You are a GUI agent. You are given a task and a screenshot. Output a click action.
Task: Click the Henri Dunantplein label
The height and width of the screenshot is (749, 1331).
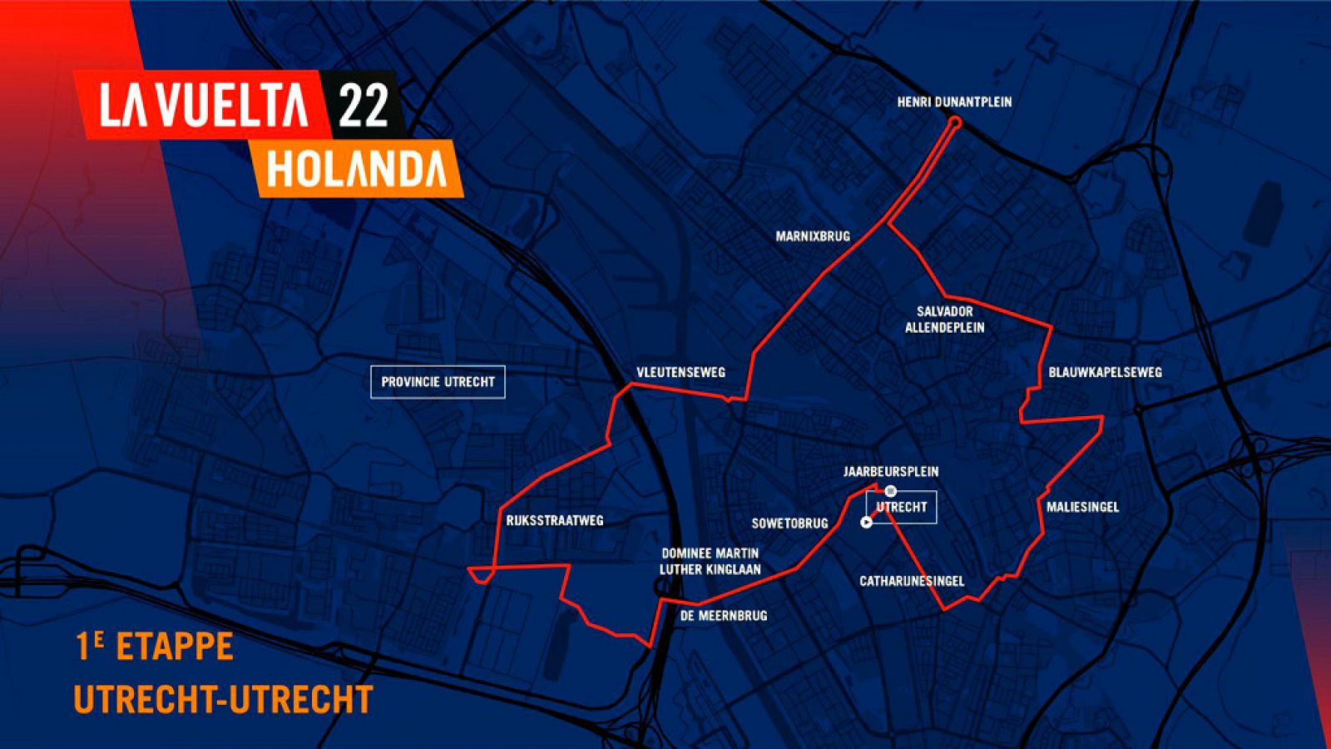(954, 102)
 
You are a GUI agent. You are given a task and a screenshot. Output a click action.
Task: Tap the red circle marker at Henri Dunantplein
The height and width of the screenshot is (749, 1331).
(955, 122)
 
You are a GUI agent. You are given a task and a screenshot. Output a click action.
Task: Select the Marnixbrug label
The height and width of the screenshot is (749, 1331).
(813, 236)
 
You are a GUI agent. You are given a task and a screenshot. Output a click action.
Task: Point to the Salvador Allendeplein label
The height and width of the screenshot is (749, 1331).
(944, 320)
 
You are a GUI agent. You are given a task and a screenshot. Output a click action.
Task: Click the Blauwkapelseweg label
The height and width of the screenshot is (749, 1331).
(1105, 372)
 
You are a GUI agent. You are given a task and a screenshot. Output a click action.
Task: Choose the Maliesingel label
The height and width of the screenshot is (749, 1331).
(1082, 507)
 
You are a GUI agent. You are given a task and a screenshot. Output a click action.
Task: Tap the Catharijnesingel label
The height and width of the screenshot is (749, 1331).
(912, 581)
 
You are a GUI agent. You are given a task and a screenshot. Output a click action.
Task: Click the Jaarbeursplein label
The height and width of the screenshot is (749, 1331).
(891, 472)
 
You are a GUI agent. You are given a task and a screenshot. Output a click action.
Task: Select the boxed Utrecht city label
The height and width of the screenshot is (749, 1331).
(902, 507)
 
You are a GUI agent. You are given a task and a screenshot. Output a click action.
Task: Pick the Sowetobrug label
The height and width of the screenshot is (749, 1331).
(789, 523)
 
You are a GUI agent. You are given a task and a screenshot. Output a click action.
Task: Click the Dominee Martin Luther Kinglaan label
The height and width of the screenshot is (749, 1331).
(710, 562)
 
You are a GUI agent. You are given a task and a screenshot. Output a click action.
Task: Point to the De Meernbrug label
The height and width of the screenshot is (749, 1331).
(724, 616)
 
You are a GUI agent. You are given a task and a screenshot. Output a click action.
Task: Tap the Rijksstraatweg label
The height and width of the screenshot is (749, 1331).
(555, 521)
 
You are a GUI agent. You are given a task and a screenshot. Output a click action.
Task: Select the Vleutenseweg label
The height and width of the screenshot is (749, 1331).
(680, 373)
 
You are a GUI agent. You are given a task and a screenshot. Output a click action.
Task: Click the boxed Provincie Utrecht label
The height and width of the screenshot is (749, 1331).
(438, 382)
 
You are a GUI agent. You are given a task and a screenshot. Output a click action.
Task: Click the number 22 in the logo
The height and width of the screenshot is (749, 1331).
(364, 106)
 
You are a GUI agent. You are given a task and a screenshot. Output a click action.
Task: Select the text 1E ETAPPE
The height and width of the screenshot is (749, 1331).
(154, 647)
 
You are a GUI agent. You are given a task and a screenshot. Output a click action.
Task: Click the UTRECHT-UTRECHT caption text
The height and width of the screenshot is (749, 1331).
(223, 699)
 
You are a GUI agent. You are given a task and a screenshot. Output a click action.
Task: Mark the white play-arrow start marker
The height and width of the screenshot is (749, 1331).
(866, 523)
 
